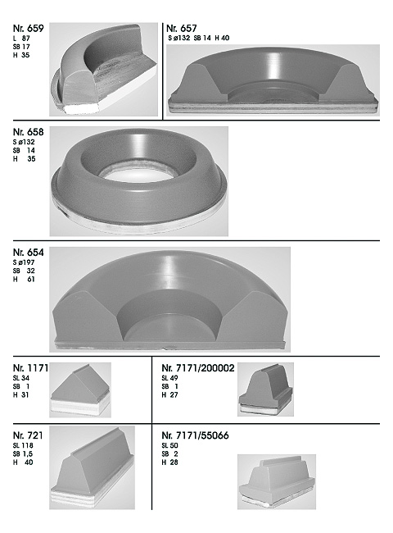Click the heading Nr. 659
pyautogui.click(x=28, y=29)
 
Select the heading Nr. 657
pyautogui.click(x=182, y=28)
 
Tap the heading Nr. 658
pyautogui.click(x=28, y=132)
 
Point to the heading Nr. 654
pyautogui.click(x=28, y=253)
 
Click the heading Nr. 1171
pyautogui.click(x=30, y=368)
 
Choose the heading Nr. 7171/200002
pyautogui.click(x=198, y=368)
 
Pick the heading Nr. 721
pyautogui.click(x=28, y=435)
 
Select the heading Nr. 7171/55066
pyautogui.click(x=195, y=435)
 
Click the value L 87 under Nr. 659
pyautogui.click(x=21, y=39)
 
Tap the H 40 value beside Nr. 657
pyautogui.click(x=222, y=38)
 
